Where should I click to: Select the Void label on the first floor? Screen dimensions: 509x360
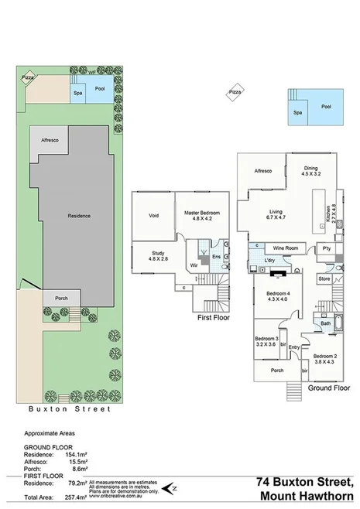pyautogui.click(x=153, y=217)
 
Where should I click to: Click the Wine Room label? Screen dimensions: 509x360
pyautogui.click(x=286, y=248)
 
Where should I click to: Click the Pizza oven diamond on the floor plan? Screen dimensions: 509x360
pyautogui.click(x=235, y=94)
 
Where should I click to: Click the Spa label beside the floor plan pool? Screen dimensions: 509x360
pyautogui.click(x=297, y=112)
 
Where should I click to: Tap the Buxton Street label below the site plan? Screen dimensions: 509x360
pyautogui.click(x=70, y=408)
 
